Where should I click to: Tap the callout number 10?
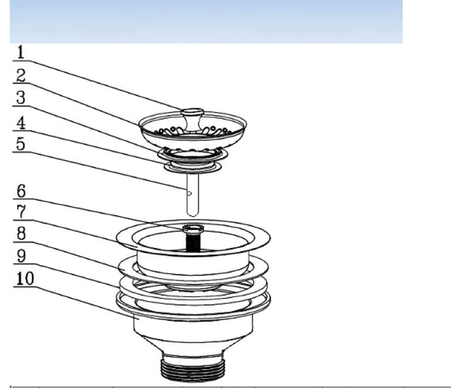click(x=25, y=279)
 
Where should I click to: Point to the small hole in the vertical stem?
click(x=190, y=193)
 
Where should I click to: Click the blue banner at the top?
click(x=206, y=21)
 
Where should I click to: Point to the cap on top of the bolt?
click(x=193, y=228)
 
